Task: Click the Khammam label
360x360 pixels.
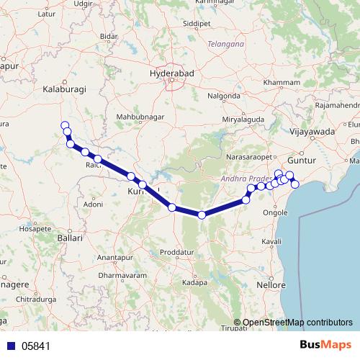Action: click(x=282, y=83)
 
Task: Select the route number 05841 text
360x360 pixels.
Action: click(x=36, y=346)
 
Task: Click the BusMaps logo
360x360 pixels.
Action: click(x=329, y=345)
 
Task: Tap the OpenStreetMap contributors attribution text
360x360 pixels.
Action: click(x=297, y=323)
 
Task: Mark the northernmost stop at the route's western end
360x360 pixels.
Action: click(x=65, y=124)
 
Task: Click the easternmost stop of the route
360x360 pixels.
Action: click(x=294, y=184)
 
